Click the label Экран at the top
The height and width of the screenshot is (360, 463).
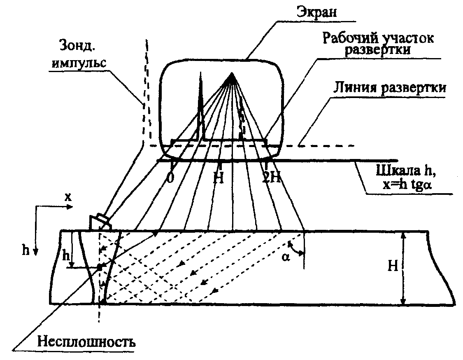click(317, 11)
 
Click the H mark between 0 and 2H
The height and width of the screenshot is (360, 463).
click(219, 178)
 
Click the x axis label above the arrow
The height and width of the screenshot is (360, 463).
click(67, 197)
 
